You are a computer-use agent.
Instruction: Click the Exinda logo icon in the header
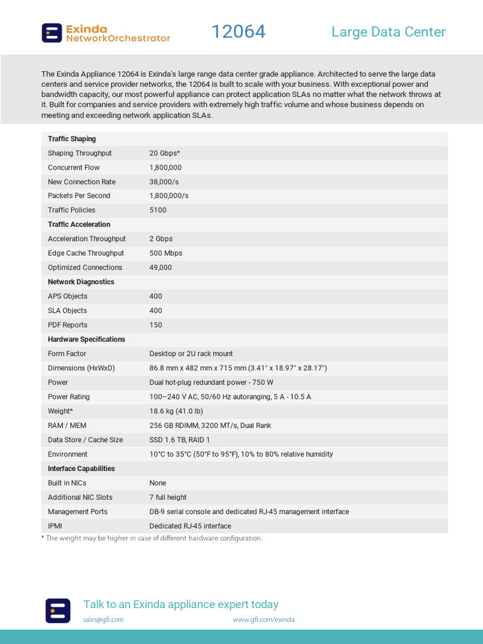coord(52,33)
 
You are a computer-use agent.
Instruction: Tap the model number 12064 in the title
coord(238,31)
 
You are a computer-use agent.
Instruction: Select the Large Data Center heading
coord(388,32)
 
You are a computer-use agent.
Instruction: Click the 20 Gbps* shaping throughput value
coord(165,153)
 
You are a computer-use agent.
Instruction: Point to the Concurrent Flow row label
coord(74,168)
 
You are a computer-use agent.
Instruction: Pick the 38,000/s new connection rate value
coord(164,182)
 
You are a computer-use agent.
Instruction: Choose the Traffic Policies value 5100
coord(158,211)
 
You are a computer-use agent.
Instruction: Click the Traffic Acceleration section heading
coord(79,225)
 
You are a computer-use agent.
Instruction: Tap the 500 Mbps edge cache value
coord(165,253)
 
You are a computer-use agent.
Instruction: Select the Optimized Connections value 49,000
coord(160,268)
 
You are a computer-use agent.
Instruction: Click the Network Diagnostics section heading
coord(81,282)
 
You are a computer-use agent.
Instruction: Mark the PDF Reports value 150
coord(155,325)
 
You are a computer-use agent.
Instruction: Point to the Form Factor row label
coord(67,354)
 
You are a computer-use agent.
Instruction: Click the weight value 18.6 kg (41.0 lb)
coord(176,411)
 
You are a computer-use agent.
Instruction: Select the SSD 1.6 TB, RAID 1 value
coord(179,440)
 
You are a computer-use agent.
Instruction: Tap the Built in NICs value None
coord(158,484)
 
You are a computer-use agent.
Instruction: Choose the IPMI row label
coord(55,526)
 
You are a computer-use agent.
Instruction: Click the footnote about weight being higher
coord(152,538)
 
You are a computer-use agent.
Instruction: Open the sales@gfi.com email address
coord(103,619)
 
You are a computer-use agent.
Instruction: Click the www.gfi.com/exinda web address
coord(263,619)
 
